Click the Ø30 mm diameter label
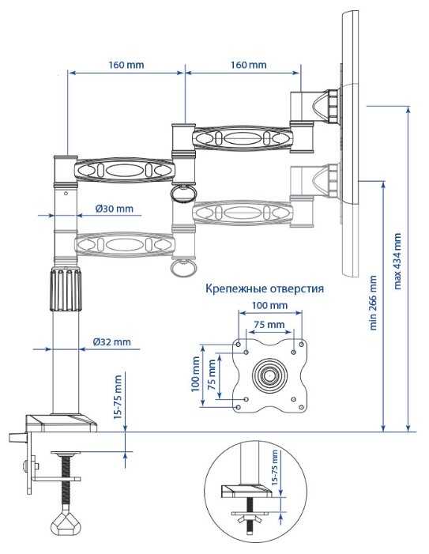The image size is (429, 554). (115, 209)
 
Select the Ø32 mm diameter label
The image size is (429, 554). (112, 342)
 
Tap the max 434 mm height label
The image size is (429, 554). (397, 261)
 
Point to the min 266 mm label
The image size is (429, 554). (373, 303)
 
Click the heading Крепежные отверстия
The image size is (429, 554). (265, 288)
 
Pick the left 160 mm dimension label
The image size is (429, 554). (126, 65)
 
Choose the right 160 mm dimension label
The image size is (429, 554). (249, 65)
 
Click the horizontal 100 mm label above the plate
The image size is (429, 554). (269, 305)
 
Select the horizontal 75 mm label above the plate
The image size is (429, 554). (269, 324)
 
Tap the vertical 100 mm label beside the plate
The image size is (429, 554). (195, 374)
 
